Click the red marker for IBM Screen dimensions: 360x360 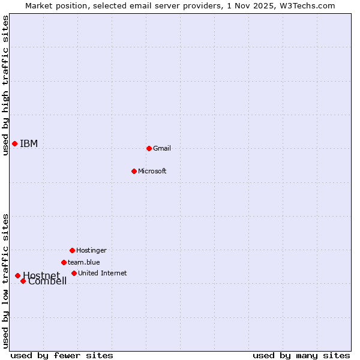coord(14,143)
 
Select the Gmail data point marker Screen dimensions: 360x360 coord(149,148)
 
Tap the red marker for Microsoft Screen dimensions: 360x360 coord(134,171)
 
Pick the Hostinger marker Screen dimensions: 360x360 coord(72,250)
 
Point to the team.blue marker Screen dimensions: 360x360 coord(64,262)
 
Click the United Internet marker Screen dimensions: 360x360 coord(74,273)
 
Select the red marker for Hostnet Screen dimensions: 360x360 coord(17,275)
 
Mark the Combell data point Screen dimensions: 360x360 coord(23,281)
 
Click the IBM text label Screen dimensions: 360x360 coord(29,143)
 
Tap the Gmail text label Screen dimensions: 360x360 coord(162,148)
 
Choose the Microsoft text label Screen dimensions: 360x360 coord(152,171)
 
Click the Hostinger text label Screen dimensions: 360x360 coord(91,250)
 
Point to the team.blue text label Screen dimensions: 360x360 coord(84,262)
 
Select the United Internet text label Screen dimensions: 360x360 coord(103,273)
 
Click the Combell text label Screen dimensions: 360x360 coord(47,281)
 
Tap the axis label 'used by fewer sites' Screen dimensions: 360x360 coord(62,355)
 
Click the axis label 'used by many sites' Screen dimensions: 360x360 coord(301,355)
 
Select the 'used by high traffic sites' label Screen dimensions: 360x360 coord(5,85)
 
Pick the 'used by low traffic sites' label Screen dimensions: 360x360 coord(5,281)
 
